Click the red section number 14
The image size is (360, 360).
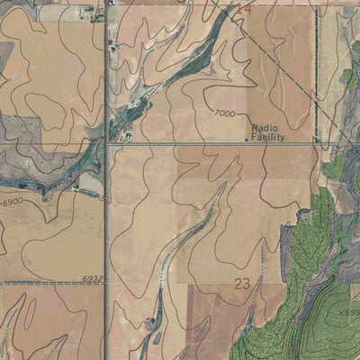[x=243, y=8]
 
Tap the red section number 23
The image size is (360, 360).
[x=241, y=283]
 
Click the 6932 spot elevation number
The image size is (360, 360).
[x=93, y=279]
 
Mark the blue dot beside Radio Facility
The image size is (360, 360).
[x=247, y=139]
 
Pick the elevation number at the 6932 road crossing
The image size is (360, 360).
[x=93, y=279]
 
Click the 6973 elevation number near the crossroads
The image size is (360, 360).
[x=119, y=138]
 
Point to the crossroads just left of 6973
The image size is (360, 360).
[x=106, y=143]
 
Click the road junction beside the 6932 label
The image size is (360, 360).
[x=106, y=283]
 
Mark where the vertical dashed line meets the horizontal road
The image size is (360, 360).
[x=317, y=142]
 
